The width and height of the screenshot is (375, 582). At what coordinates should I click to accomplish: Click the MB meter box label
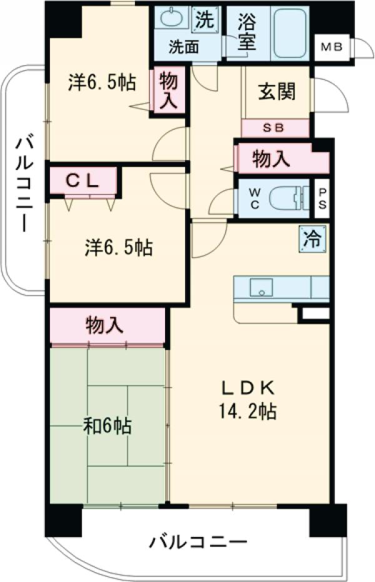(x=331, y=48)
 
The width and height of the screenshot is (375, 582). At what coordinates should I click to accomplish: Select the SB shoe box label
(x=275, y=128)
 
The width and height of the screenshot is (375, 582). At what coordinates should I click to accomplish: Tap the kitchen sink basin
(x=261, y=288)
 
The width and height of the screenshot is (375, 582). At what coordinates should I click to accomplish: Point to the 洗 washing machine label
(x=204, y=20)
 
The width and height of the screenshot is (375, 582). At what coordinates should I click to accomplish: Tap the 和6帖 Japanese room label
(x=107, y=427)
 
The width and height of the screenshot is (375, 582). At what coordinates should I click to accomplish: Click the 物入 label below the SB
(x=271, y=159)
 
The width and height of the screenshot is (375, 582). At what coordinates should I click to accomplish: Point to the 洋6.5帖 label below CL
(x=119, y=248)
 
